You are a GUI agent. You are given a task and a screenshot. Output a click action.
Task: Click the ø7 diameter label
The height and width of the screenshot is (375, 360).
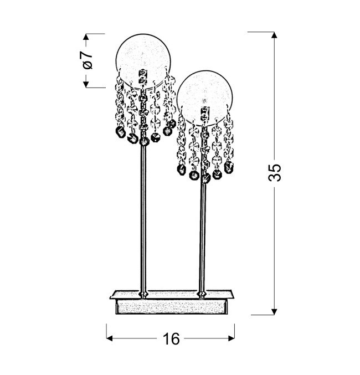(88, 60)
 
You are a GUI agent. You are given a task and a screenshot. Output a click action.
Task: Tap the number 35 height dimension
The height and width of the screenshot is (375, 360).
(275, 173)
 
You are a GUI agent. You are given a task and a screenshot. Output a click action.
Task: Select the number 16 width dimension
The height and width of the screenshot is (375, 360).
(171, 339)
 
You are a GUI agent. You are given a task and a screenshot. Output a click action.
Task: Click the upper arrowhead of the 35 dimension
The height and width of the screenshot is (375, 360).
(274, 35)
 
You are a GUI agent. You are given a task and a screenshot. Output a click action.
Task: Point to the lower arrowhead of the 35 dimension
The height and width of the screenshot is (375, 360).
(274, 312)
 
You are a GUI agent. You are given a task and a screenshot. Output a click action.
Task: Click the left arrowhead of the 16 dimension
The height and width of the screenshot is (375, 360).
(110, 338)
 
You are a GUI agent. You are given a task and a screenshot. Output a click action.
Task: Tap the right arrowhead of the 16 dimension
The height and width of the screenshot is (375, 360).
(232, 338)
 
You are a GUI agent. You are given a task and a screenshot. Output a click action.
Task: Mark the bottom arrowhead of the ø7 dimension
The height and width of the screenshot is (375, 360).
(86, 84)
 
